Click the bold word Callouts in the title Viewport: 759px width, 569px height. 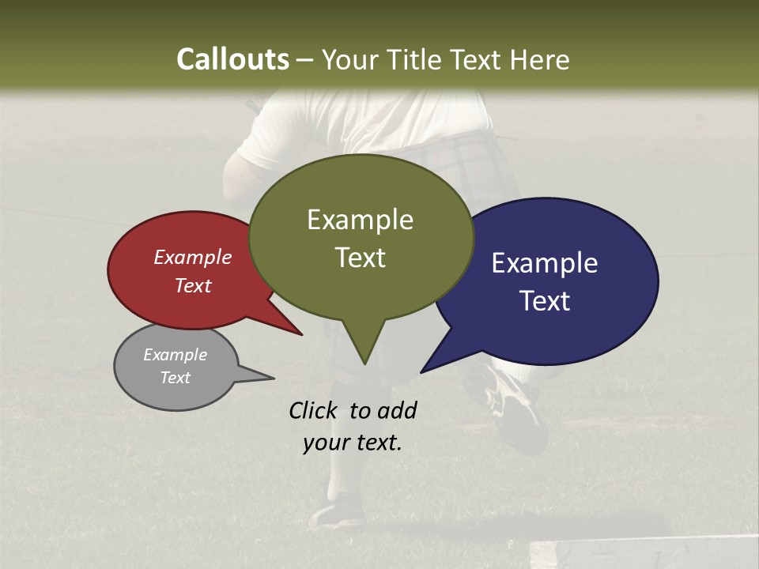tap(232, 59)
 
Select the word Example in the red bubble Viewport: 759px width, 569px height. tap(192, 257)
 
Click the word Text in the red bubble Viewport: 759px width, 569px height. tap(192, 285)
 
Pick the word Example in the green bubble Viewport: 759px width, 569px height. tap(360, 219)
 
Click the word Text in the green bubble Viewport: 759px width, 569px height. tap(360, 257)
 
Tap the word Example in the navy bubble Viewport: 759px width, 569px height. tap(544, 262)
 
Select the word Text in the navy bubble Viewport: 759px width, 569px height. tap(544, 300)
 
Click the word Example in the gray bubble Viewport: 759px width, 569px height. tap(175, 355)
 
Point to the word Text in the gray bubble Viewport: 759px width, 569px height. tap(175, 378)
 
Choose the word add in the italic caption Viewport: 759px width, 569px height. tap(396, 410)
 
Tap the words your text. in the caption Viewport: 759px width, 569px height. tap(352, 443)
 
